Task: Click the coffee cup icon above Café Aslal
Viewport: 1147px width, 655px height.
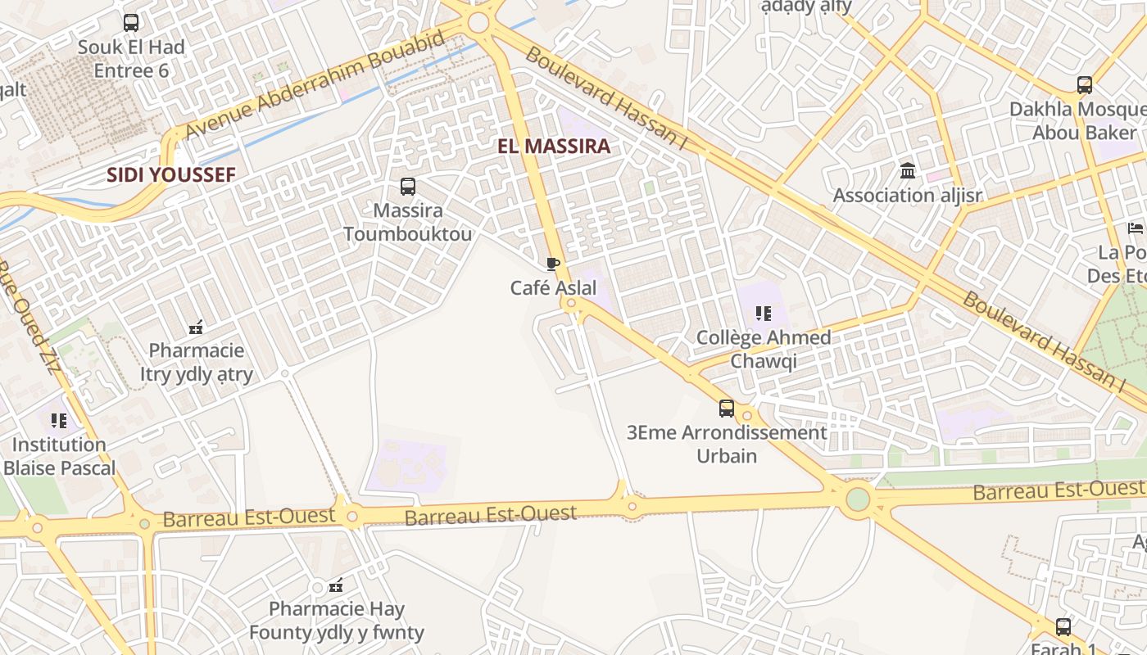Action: pos(553,264)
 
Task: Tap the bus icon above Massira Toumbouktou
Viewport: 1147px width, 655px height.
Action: pos(408,187)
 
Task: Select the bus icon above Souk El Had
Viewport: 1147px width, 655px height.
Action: pos(131,23)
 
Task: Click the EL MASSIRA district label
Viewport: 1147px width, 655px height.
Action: pos(554,147)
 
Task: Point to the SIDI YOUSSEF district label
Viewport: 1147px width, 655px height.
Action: pos(171,174)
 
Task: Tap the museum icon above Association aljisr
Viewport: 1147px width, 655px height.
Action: pos(908,171)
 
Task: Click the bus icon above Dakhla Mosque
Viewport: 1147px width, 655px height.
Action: pos(1084,85)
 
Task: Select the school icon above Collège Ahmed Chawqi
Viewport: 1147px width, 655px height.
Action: pos(764,313)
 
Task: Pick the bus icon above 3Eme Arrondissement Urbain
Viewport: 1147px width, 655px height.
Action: pos(727,408)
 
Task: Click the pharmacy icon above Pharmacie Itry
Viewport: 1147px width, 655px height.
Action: pos(196,327)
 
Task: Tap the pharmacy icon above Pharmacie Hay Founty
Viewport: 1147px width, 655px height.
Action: pos(336,585)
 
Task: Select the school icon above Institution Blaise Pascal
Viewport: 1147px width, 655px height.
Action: pos(59,421)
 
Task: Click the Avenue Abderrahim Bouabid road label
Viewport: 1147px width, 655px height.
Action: pos(315,84)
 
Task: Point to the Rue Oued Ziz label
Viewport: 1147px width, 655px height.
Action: pos(30,315)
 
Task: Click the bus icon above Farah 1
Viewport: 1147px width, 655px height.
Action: pos(1063,627)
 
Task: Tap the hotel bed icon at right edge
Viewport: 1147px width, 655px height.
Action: pos(1135,228)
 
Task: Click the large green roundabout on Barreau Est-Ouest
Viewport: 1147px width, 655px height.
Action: pos(858,498)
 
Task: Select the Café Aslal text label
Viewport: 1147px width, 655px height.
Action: pos(553,288)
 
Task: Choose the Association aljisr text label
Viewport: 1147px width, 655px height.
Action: pos(908,196)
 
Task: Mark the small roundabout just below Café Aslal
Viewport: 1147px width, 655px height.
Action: pos(571,304)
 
